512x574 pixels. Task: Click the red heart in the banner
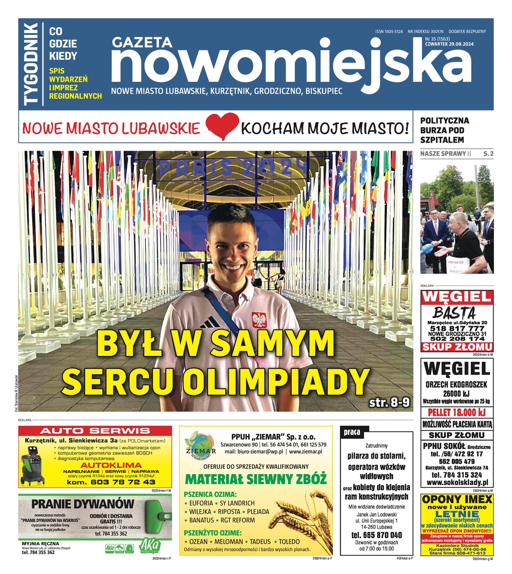pos(222,127)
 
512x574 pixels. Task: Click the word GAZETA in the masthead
pos(142,43)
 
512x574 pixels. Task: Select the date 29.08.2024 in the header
pos(461,45)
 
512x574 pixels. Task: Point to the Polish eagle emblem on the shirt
pos(258,319)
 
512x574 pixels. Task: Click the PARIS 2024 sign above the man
pos(233,167)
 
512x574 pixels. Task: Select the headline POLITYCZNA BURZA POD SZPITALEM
pos(445,130)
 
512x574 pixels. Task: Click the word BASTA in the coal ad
pos(455,313)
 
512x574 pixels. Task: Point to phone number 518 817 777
pos(456,329)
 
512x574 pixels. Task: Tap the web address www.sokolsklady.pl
pos(456,483)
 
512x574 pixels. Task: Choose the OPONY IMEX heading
pos(456,500)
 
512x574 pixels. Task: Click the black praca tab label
pos(352,432)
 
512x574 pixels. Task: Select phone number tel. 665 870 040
pos(377,535)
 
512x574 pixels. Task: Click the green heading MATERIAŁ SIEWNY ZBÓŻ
pos(256,479)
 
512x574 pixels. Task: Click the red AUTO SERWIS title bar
pos(95,430)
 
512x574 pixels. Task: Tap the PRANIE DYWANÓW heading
pos(82,504)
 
